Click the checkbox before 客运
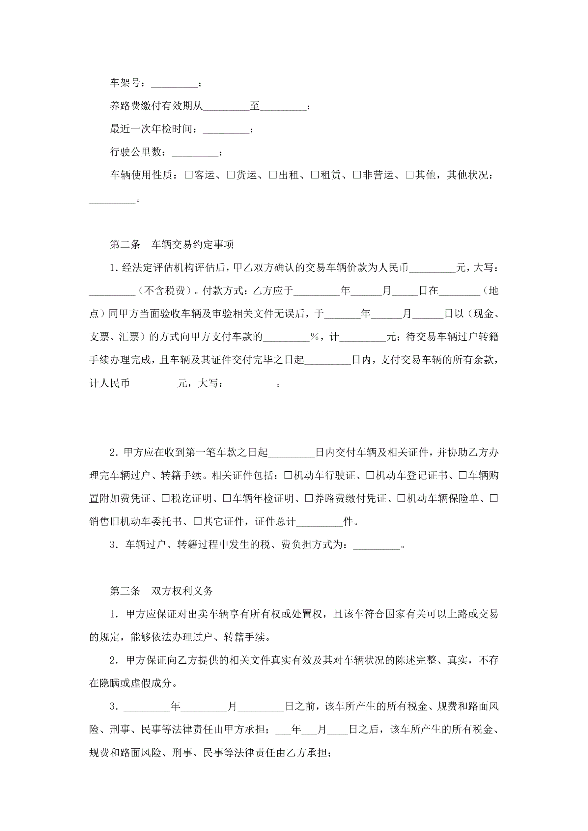(x=189, y=175)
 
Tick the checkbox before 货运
(x=231, y=175)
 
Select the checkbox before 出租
(x=273, y=175)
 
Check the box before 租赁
(x=315, y=175)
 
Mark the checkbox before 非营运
(x=357, y=175)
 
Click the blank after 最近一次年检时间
(x=226, y=130)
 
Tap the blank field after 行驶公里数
(x=195, y=153)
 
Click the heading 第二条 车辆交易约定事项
(x=172, y=245)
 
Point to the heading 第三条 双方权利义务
(x=161, y=591)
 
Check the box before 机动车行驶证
(x=288, y=475)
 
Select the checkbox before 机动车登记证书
(x=370, y=475)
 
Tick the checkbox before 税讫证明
(x=165, y=498)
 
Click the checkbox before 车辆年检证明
(x=227, y=498)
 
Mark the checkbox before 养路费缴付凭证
(x=309, y=498)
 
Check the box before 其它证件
(x=198, y=521)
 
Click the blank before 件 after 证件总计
(x=319, y=522)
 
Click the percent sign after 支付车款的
(x=315, y=337)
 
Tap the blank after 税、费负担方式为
(x=377, y=545)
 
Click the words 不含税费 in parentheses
(x=165, y=291)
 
